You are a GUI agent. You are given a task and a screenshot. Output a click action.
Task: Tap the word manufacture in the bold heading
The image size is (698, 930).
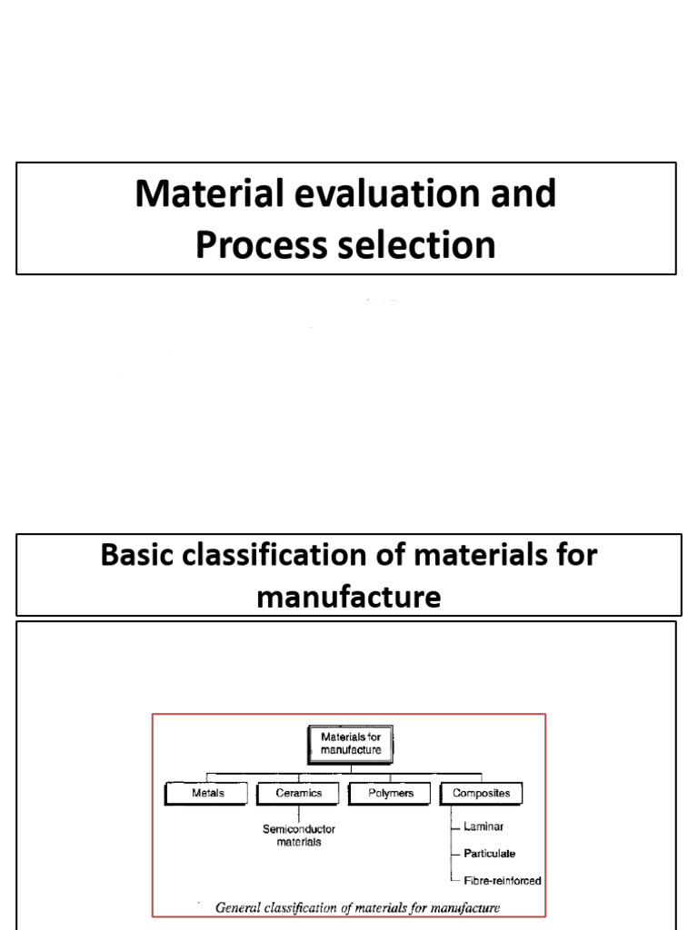[x=349, y=597]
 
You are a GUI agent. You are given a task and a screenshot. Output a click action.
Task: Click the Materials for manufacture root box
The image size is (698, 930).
[x=350, y=743]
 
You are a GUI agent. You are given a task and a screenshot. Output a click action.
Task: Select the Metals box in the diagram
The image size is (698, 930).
[x=207, y=793]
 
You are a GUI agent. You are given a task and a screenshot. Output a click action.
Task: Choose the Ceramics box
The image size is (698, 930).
[x=299, y=793]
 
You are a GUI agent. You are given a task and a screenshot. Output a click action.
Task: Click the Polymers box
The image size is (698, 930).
[x=391, y=793]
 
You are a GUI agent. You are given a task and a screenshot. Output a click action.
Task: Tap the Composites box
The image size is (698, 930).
[x=482, y=793]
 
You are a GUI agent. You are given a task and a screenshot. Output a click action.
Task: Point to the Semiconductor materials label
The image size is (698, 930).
[x=298, y=835]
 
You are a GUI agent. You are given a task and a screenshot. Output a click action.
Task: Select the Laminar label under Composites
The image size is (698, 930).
[x=484, y=826]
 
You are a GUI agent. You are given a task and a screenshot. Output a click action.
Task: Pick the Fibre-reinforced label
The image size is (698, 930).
[x=503, y=880]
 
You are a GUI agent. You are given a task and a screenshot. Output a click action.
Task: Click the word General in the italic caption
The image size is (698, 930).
[x=238, y=906]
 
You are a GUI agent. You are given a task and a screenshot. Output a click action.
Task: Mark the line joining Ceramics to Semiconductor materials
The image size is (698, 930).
[x=299, y=813]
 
